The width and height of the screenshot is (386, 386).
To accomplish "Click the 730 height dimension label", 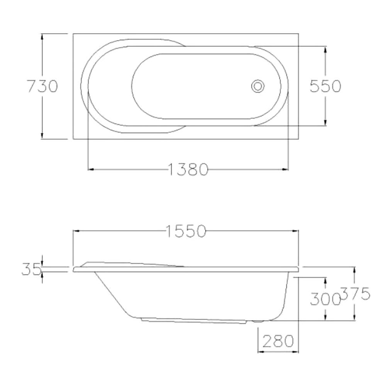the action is (x=42, y=86).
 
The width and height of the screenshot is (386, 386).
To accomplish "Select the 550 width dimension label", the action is (x=325, y=86).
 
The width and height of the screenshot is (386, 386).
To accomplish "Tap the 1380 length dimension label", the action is (x=188, y=169).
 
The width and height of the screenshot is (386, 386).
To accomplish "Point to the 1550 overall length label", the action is (x=186, y=231).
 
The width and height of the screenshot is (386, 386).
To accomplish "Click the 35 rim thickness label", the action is (x=31, y=269).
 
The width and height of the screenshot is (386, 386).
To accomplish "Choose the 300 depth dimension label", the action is (x=325, y=299).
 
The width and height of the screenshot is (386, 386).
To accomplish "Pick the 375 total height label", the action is (x=355, y=293).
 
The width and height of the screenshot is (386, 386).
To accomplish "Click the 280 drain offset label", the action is (x=278, y=341).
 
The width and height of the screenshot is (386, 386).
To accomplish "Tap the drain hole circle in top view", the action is (x=258, y=86).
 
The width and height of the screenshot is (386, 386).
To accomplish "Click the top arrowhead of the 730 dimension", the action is (x=42, y=37).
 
